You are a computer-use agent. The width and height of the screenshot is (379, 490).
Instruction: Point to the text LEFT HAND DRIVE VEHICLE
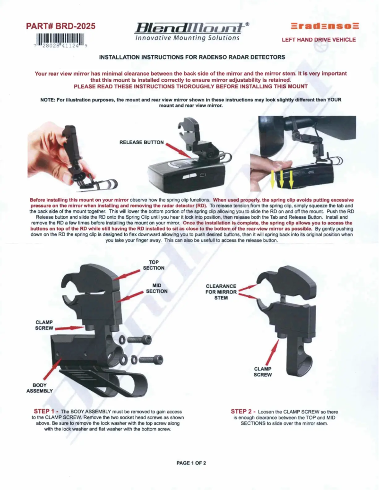coord(319,40)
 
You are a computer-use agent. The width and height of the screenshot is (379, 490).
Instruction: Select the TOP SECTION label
coord(156,265)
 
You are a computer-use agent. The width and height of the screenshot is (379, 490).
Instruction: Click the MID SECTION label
coord(156,288)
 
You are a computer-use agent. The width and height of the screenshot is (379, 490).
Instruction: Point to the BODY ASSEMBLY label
coord(39,388)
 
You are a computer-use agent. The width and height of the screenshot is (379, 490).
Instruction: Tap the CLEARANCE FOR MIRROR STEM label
coord(221,292)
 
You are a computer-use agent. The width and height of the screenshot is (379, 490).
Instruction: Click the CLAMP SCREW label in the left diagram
coord(45,325)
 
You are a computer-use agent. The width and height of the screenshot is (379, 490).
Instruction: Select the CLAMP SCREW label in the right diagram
coord(263,372)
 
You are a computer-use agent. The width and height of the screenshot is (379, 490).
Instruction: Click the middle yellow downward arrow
coord(282,180)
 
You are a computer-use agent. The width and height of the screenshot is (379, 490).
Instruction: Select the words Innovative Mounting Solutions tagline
coord(187,38)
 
